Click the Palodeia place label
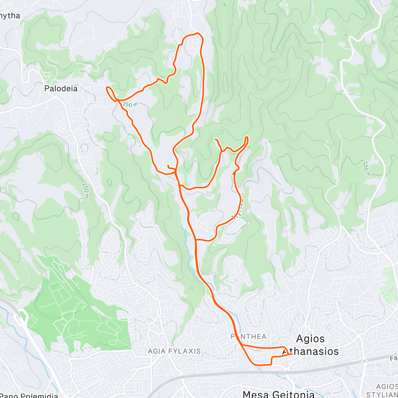tap(61, 89)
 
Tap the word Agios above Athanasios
tap(310, 339)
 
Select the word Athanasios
tap(311, 351)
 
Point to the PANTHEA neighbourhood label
tap(249, 337)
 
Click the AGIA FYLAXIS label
tap(174, 351)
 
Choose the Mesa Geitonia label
tap(279, 394)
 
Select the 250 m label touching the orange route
tap(130, 105)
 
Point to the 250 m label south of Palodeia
tap(86, 191)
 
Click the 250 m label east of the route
tap(366, 168)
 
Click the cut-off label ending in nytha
tap(10, 16)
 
